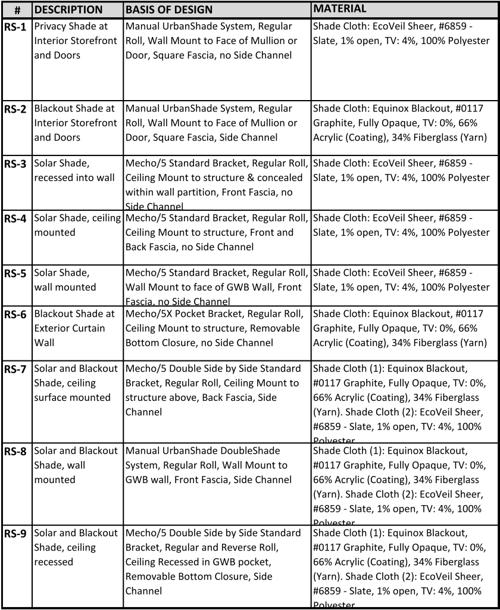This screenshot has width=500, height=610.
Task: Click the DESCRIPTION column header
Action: pyautogui.click(x=68, y=10)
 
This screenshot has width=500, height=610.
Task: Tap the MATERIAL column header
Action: pyautogui.click(x=340, y=9)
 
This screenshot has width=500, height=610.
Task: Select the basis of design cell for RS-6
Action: pyautogui.click(x=217, y=328)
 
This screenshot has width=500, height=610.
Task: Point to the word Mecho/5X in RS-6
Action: pyautogui.click(x=149, y=314)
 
